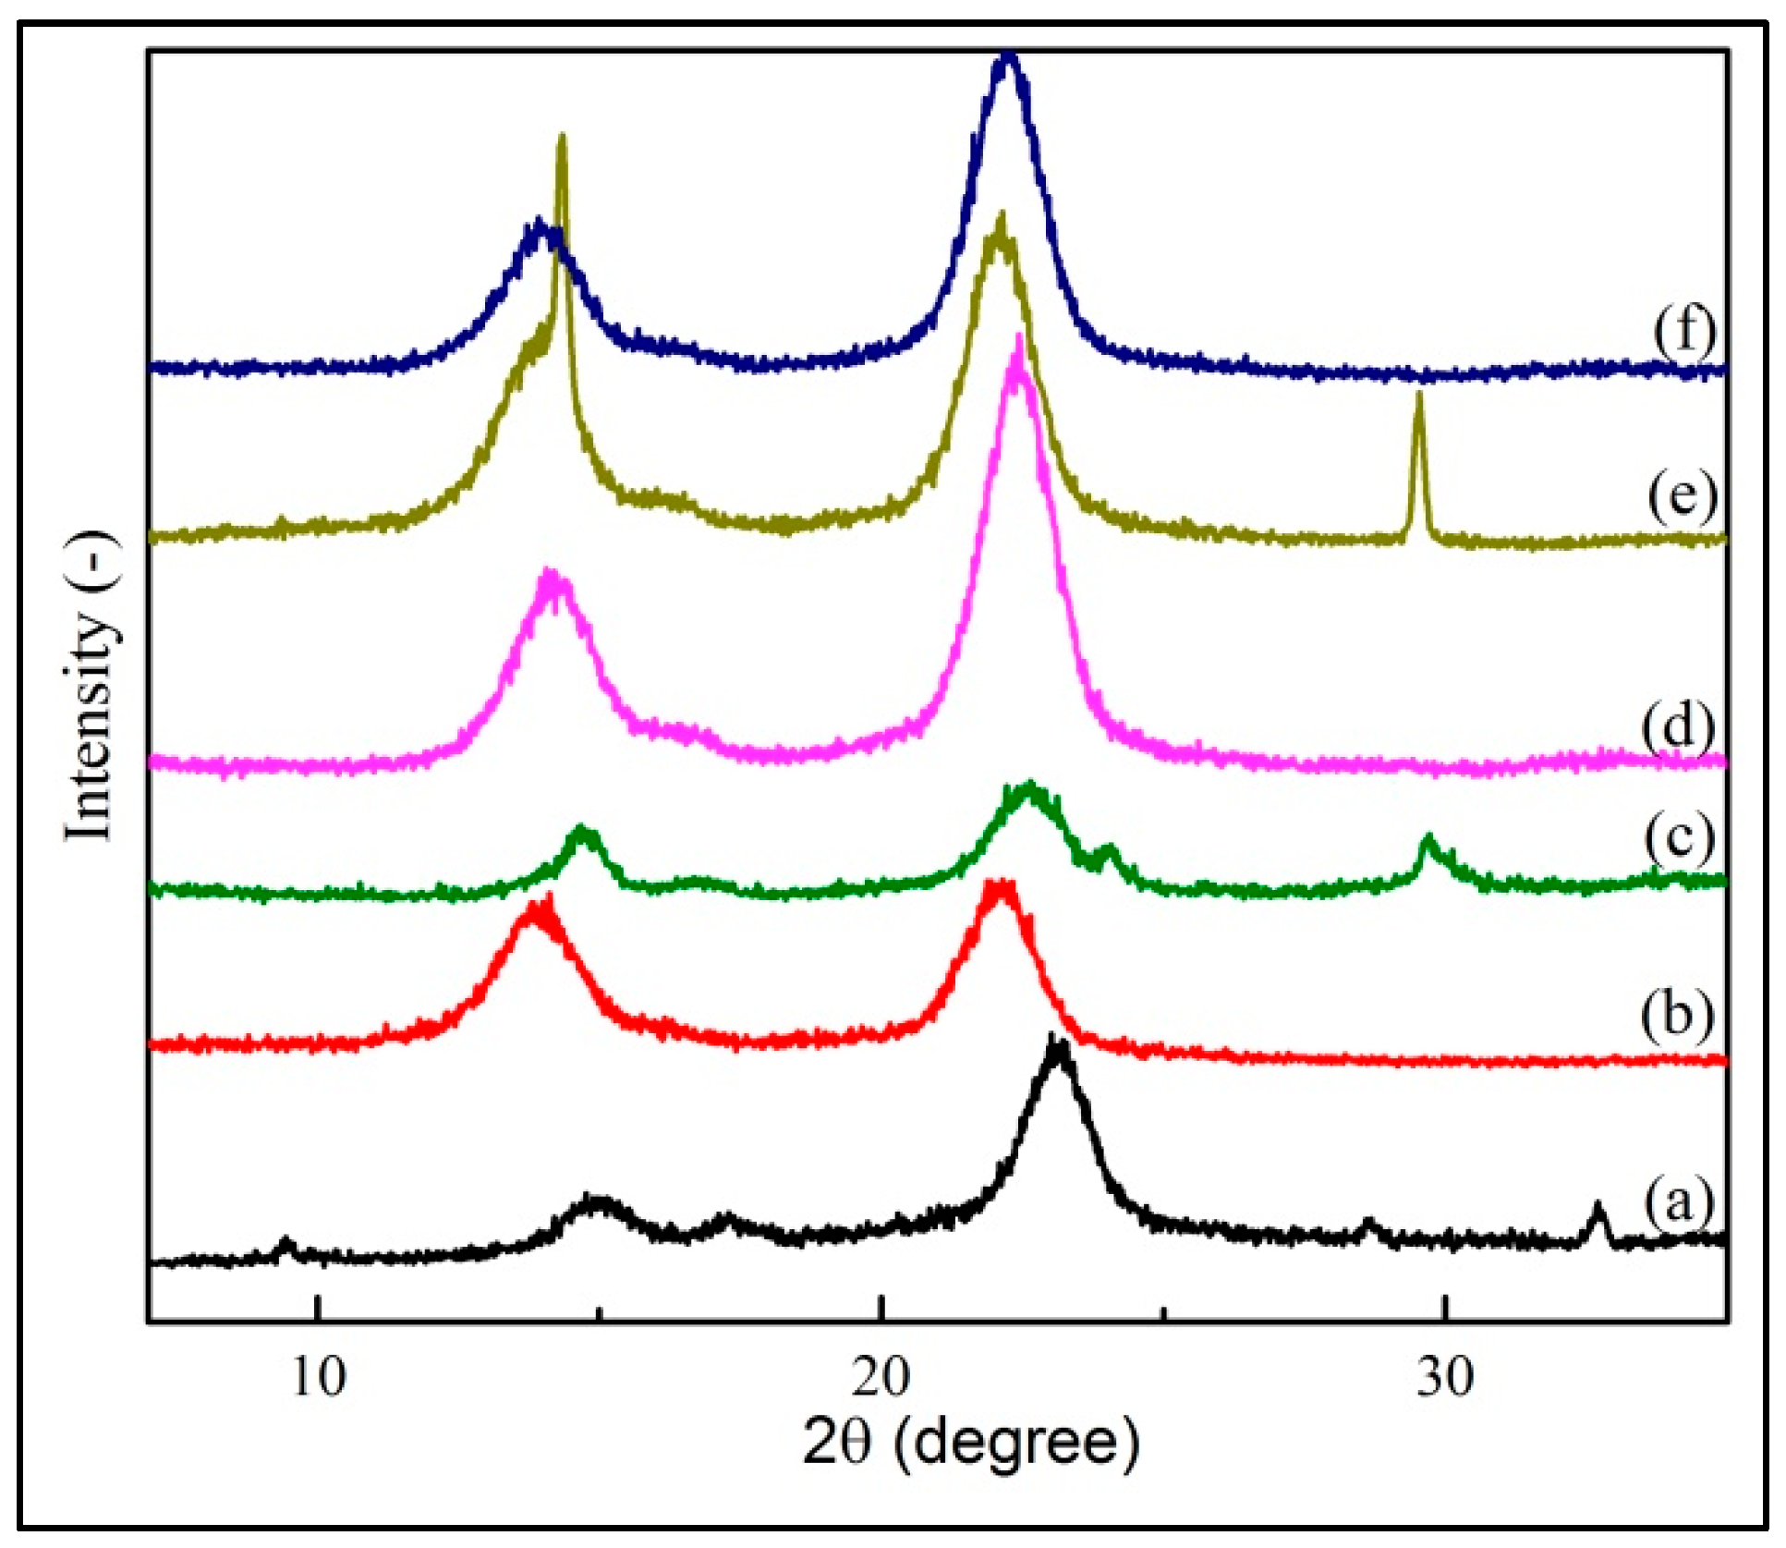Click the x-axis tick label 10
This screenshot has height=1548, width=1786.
[318, 1378]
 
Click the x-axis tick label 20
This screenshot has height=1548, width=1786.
[881, 1378]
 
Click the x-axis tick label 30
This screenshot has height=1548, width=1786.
[1445, 1378]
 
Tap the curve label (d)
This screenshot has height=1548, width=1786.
[1678, 726]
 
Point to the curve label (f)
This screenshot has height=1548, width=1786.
[1684, 330]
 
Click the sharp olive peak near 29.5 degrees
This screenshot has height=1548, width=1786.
[1419, 396]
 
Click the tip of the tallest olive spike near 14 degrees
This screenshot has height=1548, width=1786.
[561, 138]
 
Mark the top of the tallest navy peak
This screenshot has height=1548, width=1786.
[1008, 57]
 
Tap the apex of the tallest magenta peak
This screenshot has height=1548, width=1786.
[1018, 339]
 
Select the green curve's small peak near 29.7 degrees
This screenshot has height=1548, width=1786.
[1428, 838]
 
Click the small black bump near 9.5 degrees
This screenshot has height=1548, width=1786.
[286, 1241]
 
